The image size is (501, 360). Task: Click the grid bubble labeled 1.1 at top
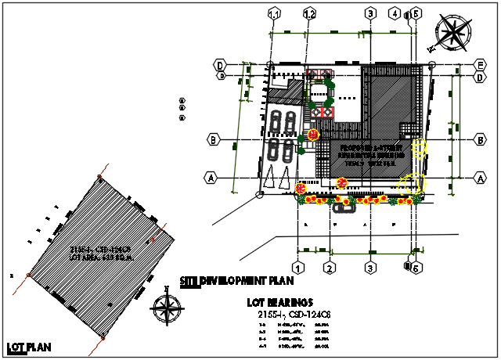click(275, 13)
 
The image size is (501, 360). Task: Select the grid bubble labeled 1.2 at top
click(310, 13)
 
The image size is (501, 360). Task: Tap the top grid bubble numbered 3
click(369, 13)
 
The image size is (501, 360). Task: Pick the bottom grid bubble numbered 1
click(297, 268)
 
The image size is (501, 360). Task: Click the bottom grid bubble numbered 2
click(330, 268)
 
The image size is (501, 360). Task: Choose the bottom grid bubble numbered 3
click(369, 268)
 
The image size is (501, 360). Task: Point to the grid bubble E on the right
click(478, 64)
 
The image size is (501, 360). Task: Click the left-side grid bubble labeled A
click(211, 178)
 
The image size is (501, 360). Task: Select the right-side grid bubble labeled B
click(478, 139)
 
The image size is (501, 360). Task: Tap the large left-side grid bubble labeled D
click(222, 64)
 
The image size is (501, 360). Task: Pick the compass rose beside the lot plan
click(168, 306)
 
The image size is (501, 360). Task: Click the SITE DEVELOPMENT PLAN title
click(236, 280)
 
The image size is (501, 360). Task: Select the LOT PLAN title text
click(24, 347)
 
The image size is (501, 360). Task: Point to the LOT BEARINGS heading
click(279, 301)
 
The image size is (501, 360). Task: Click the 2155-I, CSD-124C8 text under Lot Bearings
click(294, 314)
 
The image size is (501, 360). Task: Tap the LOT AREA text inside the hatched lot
click(103, 256)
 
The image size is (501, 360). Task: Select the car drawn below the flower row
click(342, 207)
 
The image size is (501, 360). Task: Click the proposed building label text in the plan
click(371, 154)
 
